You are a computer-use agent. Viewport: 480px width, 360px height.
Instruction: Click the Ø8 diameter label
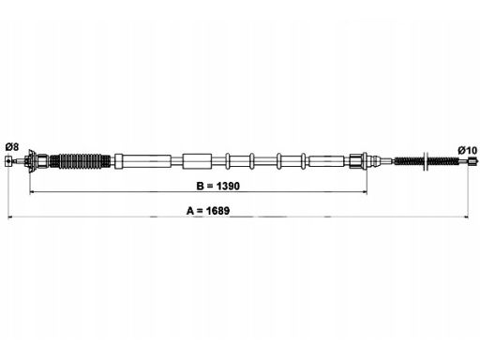(12, 146)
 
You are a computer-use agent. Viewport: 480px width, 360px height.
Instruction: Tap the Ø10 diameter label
(468, 150)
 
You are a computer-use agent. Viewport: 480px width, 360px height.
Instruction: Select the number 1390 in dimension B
(228, 186)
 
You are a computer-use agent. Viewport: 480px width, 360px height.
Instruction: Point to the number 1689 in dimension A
(217, 211)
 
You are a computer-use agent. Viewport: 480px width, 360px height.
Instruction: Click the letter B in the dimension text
(200, 186)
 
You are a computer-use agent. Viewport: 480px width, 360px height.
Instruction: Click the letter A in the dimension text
(190, 211)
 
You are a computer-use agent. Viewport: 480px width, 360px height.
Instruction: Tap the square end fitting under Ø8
(8, 161)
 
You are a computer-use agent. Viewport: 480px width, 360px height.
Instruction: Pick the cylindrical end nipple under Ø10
(472, 161)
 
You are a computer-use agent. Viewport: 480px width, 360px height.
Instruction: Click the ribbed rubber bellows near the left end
(81, 161)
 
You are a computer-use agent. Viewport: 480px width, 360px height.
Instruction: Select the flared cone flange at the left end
(31, 161)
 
